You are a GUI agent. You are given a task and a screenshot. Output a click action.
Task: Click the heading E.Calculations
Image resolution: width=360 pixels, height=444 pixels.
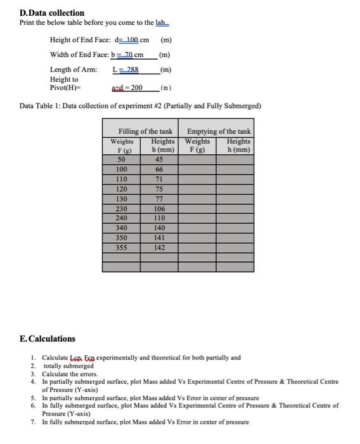47,339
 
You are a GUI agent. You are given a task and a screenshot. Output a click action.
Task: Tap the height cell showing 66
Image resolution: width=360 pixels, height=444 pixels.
159,169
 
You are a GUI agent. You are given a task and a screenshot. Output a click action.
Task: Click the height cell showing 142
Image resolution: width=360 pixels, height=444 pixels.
159,247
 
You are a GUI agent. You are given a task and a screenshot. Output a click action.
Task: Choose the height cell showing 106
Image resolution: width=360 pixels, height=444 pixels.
159,209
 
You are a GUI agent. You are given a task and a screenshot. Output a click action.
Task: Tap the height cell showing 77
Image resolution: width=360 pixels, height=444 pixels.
159,199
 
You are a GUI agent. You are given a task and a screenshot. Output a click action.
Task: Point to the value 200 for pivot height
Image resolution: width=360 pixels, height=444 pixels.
136,87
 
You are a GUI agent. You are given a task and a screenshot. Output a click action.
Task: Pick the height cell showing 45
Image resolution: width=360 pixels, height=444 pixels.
159,159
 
